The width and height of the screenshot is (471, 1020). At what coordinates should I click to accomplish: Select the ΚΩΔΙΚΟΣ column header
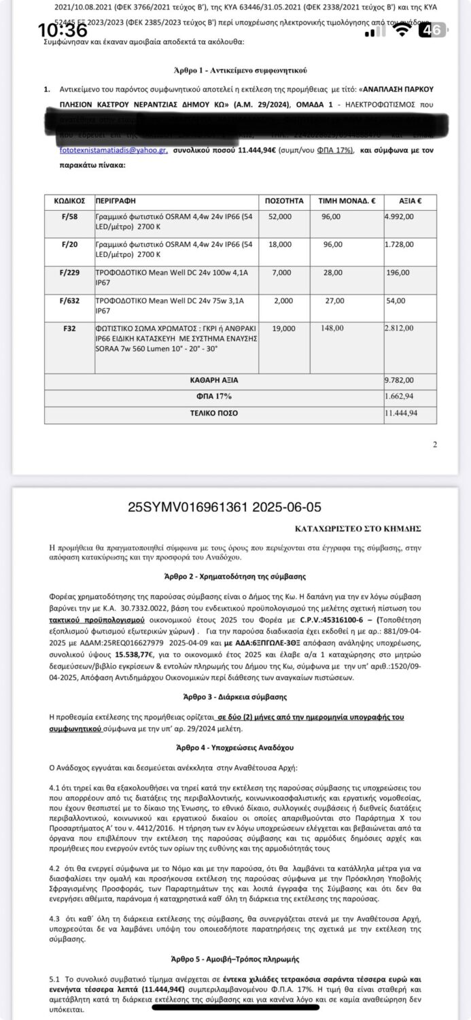69,201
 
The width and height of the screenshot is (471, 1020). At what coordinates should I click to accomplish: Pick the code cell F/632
69,300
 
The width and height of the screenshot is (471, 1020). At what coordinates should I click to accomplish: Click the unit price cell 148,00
330,328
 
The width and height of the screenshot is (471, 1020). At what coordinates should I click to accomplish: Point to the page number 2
435,445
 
